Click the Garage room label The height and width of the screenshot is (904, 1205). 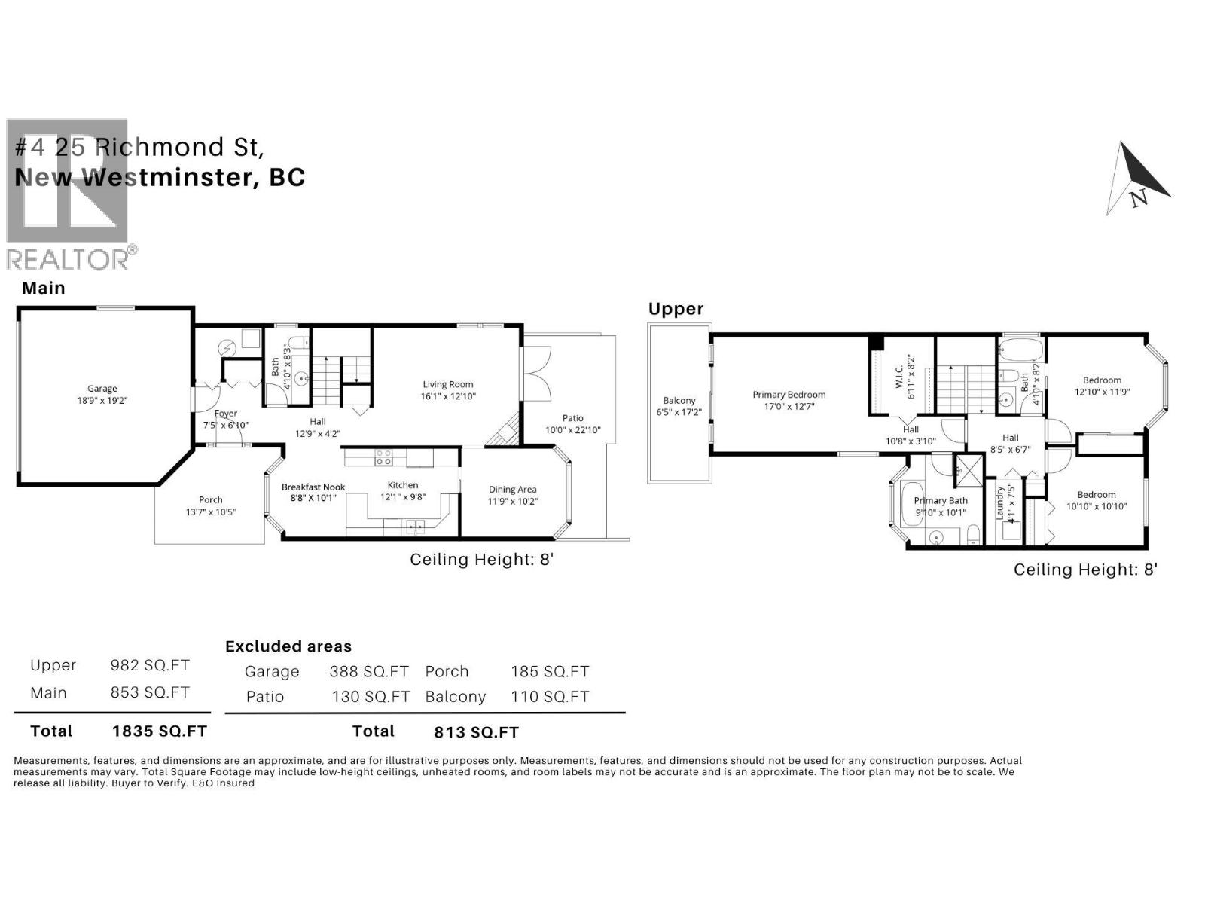[x=102, y=389]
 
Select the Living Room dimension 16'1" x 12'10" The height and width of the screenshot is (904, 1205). [x=449, y=396]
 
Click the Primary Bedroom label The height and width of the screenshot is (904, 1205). [x=789, y=395]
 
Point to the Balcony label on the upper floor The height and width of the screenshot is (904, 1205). [x=679, y=401]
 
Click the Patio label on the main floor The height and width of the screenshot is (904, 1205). [x=572, y=418]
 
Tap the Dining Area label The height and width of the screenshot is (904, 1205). [x=512, y=490]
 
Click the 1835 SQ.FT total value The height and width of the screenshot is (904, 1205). [x=159, y=731]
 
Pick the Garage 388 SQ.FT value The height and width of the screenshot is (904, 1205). [x=368, y=671]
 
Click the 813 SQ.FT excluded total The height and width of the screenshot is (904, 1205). [x=476, y=732]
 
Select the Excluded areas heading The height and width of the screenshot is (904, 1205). [x=288, y=646]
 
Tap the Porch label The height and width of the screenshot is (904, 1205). [x=210, y=499]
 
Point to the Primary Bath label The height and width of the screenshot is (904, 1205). [x=941, y=501]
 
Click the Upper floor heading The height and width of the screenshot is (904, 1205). [x=676, y=309]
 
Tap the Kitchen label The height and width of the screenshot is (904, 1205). [x=403, y=485]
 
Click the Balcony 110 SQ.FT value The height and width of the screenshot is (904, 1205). [x=550, y=697]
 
